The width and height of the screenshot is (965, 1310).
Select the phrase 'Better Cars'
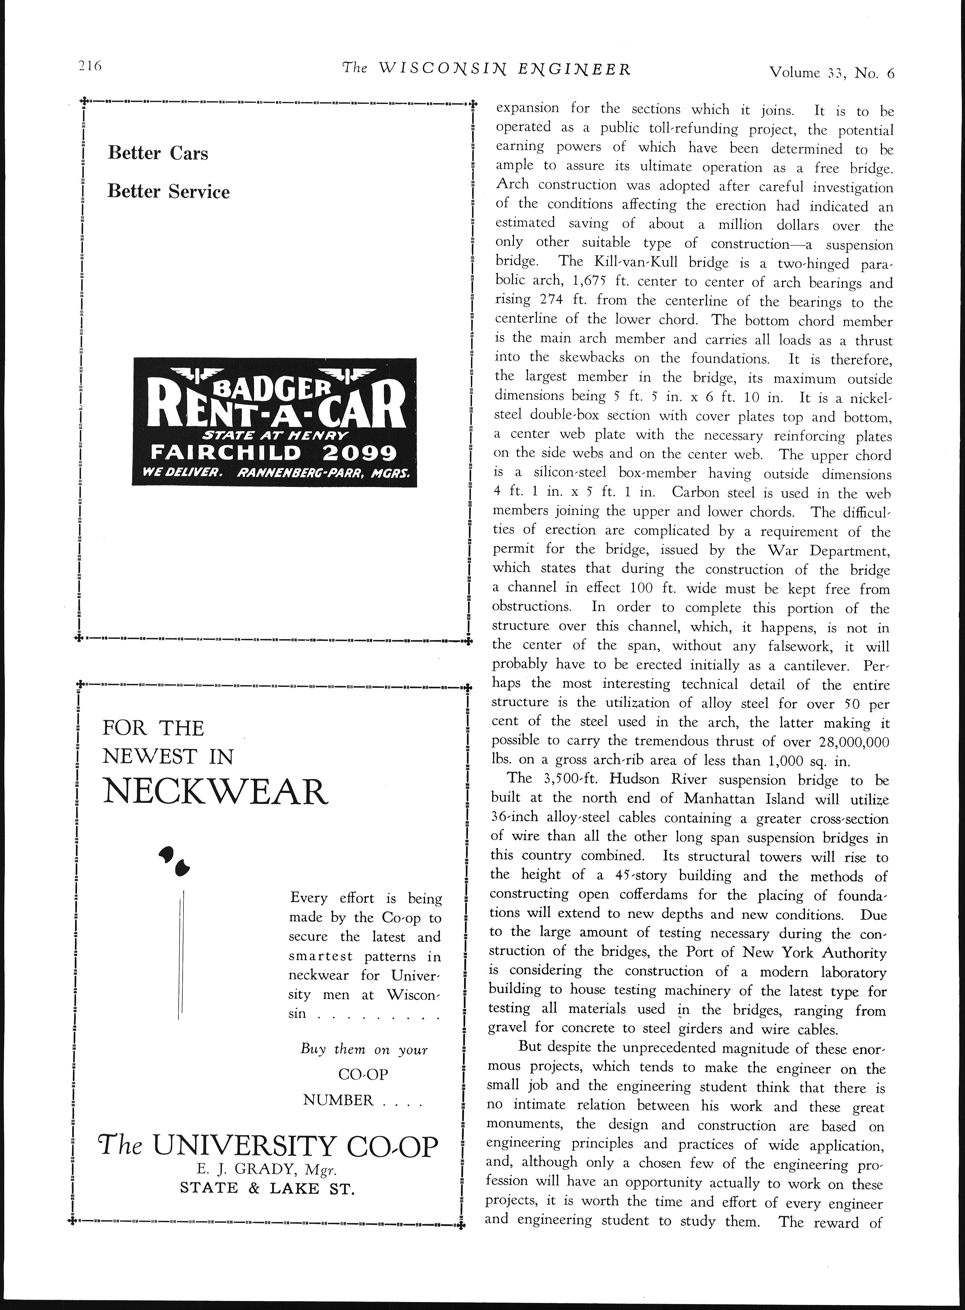[158, 153]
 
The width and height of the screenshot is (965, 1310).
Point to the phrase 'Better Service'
[168, 192]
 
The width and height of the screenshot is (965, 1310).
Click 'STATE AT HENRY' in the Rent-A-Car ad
[275, 435]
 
